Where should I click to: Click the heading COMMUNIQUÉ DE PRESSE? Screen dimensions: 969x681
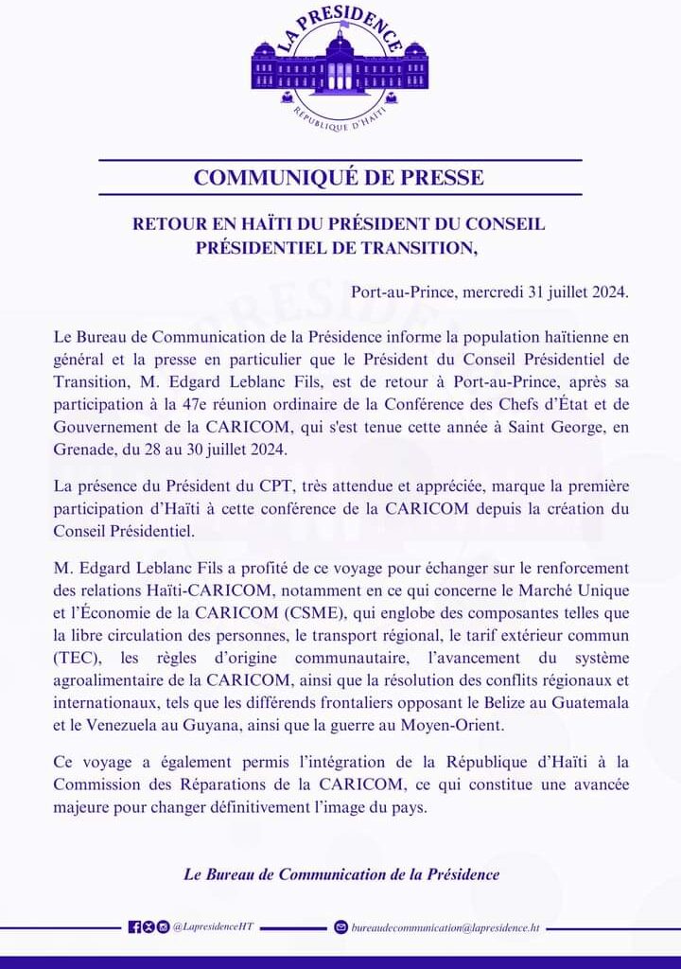tap(339, 177)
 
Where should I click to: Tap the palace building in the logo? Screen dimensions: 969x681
tap(340, 67)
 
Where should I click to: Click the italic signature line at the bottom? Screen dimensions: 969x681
tap(340, 874)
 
